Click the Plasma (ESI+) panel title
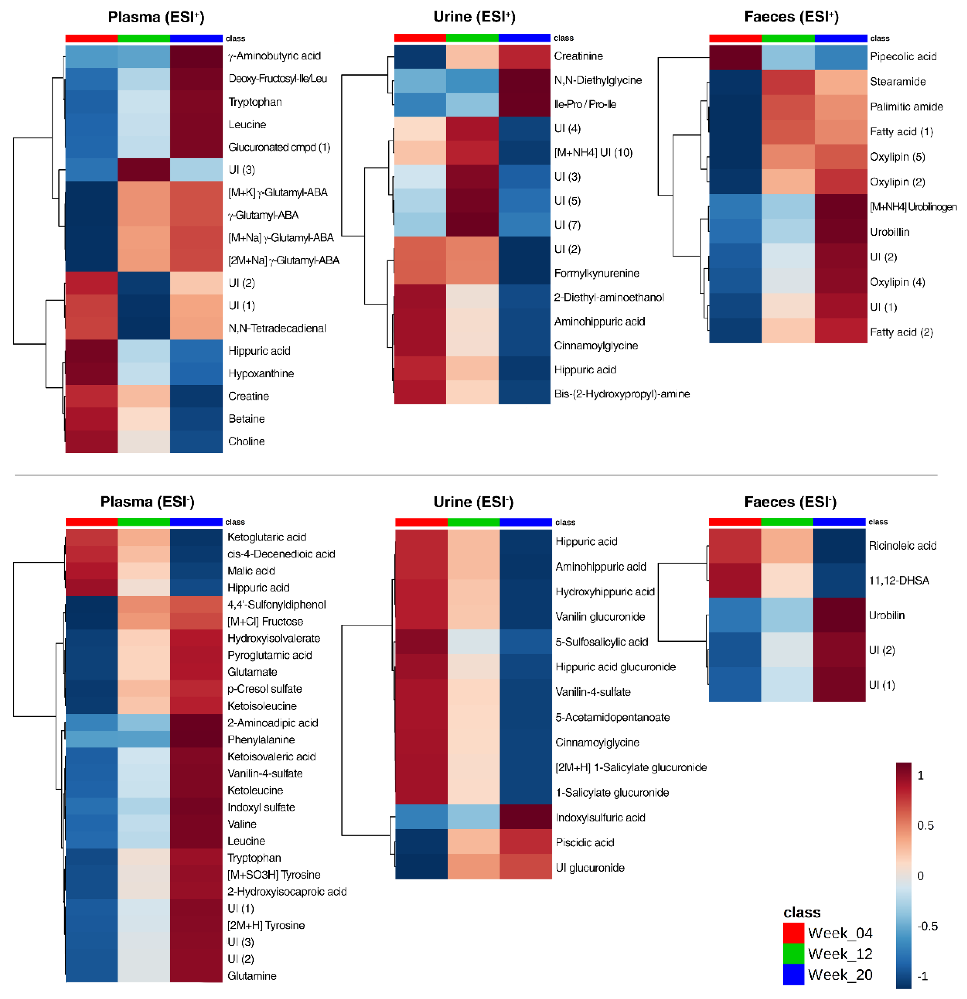[x=156, y=17]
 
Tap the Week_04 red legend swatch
[x=793, y=933]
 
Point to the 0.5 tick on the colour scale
[x=925, y=825]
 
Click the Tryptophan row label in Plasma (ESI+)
[x=255, y=102]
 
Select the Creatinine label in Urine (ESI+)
[x=578, y=56]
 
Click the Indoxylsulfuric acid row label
[x=600, y=818]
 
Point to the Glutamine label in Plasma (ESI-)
[x=252, y=975]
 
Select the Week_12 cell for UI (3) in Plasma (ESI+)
[x=144, y=170]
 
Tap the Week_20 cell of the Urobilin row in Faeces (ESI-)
[x=839, y=615]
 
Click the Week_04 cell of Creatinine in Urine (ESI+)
[x=420, y=56]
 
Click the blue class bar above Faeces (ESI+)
[x=841, y=38]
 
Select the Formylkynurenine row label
[x=596, y=273]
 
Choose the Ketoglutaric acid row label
[x=267, y=537]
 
